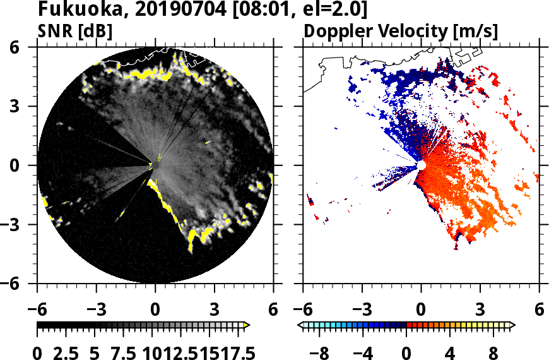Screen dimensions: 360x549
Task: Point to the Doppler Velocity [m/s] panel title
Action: (x=401, y=32)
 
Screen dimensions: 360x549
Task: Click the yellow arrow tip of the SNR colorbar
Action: (x=246, y=325)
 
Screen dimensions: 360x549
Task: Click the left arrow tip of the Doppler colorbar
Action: (x=301, y=325)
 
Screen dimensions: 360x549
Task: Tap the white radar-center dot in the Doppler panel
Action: (x=421, y=165)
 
